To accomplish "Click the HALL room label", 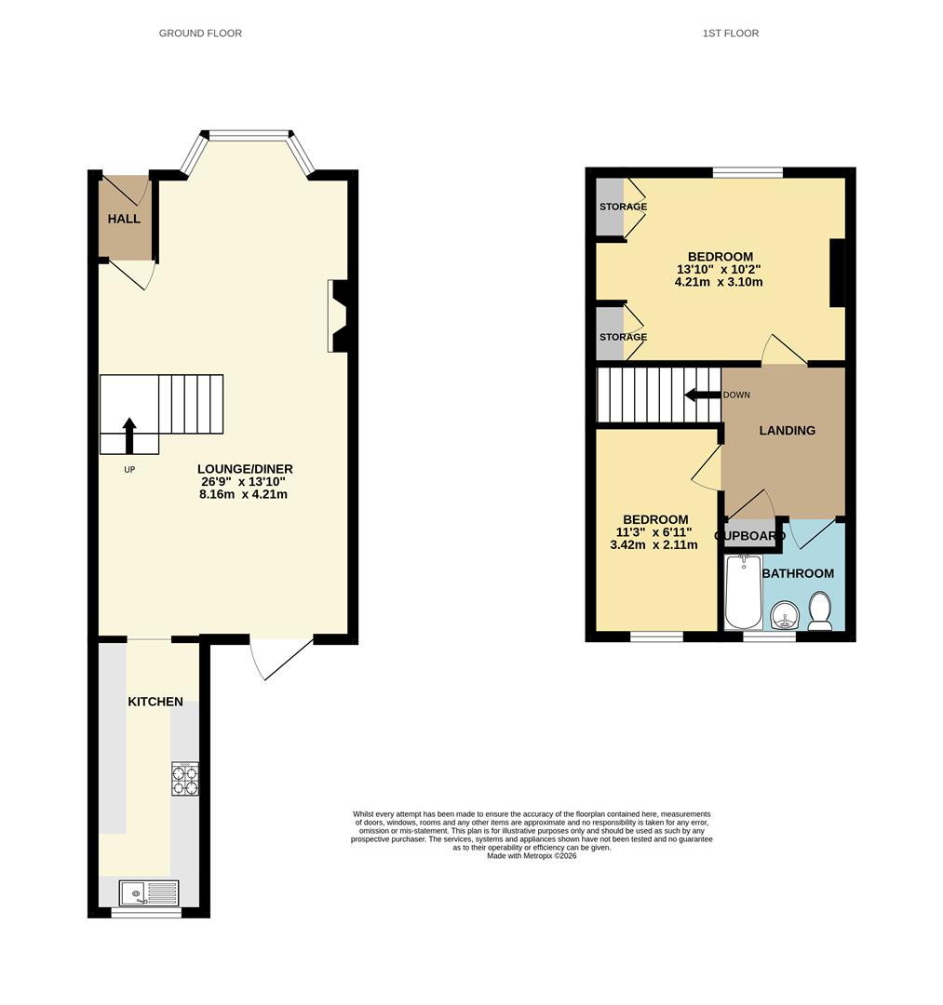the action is [124, 219].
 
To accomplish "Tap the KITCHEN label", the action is [155, 702].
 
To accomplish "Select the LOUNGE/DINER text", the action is [245, 468].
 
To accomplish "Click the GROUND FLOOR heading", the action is [200, 33].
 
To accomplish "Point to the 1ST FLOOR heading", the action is [730, 33].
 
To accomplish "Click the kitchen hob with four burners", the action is [184, 779].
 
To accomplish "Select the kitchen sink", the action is [149, 892].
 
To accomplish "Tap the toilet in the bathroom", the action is [820, 610].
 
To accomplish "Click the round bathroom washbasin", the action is [784, 616].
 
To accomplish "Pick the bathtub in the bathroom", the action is [743, 591].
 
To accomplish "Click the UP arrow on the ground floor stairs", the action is [129, 435].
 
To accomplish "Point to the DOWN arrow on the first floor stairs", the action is [702, 395].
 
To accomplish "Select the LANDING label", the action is [788, 430].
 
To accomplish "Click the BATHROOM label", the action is [798, 573].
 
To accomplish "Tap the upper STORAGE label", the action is [623, 207].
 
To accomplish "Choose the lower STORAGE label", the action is [623, 337].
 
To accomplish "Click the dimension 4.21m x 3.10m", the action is [719, 281].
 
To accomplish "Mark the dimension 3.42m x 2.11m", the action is [653, 544].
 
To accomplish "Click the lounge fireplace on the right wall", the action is [338, 315].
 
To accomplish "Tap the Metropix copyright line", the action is [532, 855].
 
